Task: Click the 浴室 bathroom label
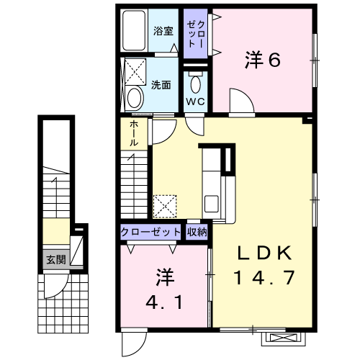[x=163, y=31]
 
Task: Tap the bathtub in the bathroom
[x=134, y=30]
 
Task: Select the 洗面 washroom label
[x=161, y=85]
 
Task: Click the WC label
[x=196, y=102]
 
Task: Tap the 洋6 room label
[x=263, y=60]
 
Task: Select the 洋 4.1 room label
[x=165, y=289]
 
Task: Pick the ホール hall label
[x=134, y=134]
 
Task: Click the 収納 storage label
[x=197, y=232]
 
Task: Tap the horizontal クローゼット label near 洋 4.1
[x=150, y=232]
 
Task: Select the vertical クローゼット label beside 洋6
[x=196, y=34]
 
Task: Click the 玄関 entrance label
[x=56, y=259]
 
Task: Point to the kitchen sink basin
[x=212, y=204]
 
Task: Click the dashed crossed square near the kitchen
[x=165, y=207]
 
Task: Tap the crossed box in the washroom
[x=135, y=72]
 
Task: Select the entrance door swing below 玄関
[x=57, y=286]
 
